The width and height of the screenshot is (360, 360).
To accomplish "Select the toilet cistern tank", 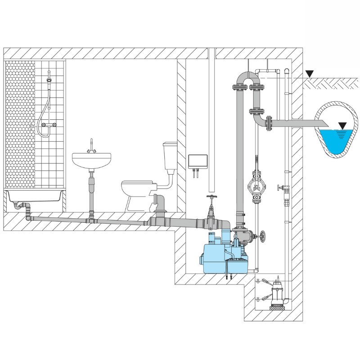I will pyautogui.click(x=170, y=155).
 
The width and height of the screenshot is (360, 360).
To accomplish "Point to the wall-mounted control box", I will pyautogui.click(x=198, y=161).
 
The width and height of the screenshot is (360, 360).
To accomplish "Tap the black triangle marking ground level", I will pyautogui.click(x=309, y=74).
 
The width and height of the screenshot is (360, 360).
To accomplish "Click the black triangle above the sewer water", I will pyautogui.click(x=343, y=126).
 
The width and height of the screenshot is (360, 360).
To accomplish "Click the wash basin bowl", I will pyautogui.click(x=91, y=160).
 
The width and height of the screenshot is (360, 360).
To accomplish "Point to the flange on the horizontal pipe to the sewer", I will pyautogui.click(x=269, y=122).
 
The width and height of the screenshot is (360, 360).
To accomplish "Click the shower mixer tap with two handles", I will pyautogui.click(x=49, y=123).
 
